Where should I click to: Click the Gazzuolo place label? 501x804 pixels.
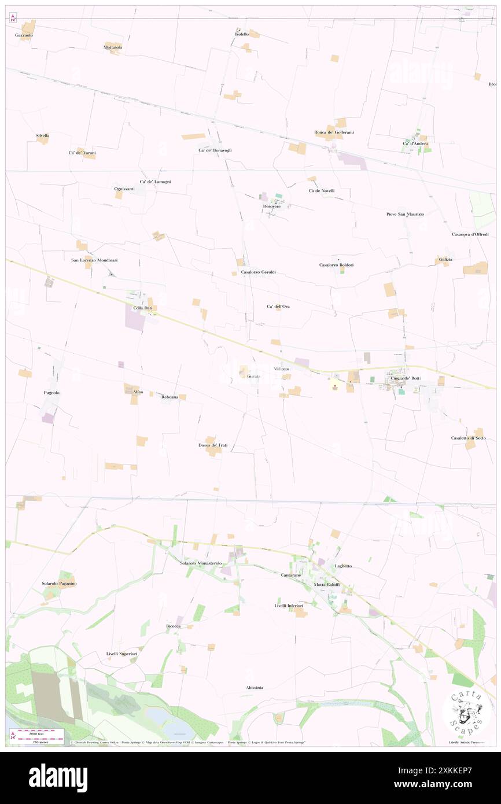pyautogui.click(x=24, y=35)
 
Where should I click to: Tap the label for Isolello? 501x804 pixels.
pyautogui.click(x=242, y=35)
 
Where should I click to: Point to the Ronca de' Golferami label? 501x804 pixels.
pyautogui.click(x=334, y=132)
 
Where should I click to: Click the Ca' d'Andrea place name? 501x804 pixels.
pyautogui.click(x=415, y=143)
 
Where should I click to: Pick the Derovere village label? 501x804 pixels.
pyautogui.click(x=272, y=206)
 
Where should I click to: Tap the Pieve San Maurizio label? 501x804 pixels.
pyautogui.click(x=405, y=214)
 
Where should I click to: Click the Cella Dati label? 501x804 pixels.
pyautogui.click(x=142, y=308)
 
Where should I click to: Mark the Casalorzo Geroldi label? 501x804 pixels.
pyautogui.click(x=258, y=272)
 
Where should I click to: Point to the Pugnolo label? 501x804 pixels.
pyautogui.click(x=51, y=393)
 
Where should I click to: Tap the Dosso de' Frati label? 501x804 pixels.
pyautogui.click(x=213, y=445)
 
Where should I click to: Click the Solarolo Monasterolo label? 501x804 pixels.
pyautogui.click(x=201, y=563)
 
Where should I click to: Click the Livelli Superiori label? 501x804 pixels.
pyautogui.click(x=121, y=654)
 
